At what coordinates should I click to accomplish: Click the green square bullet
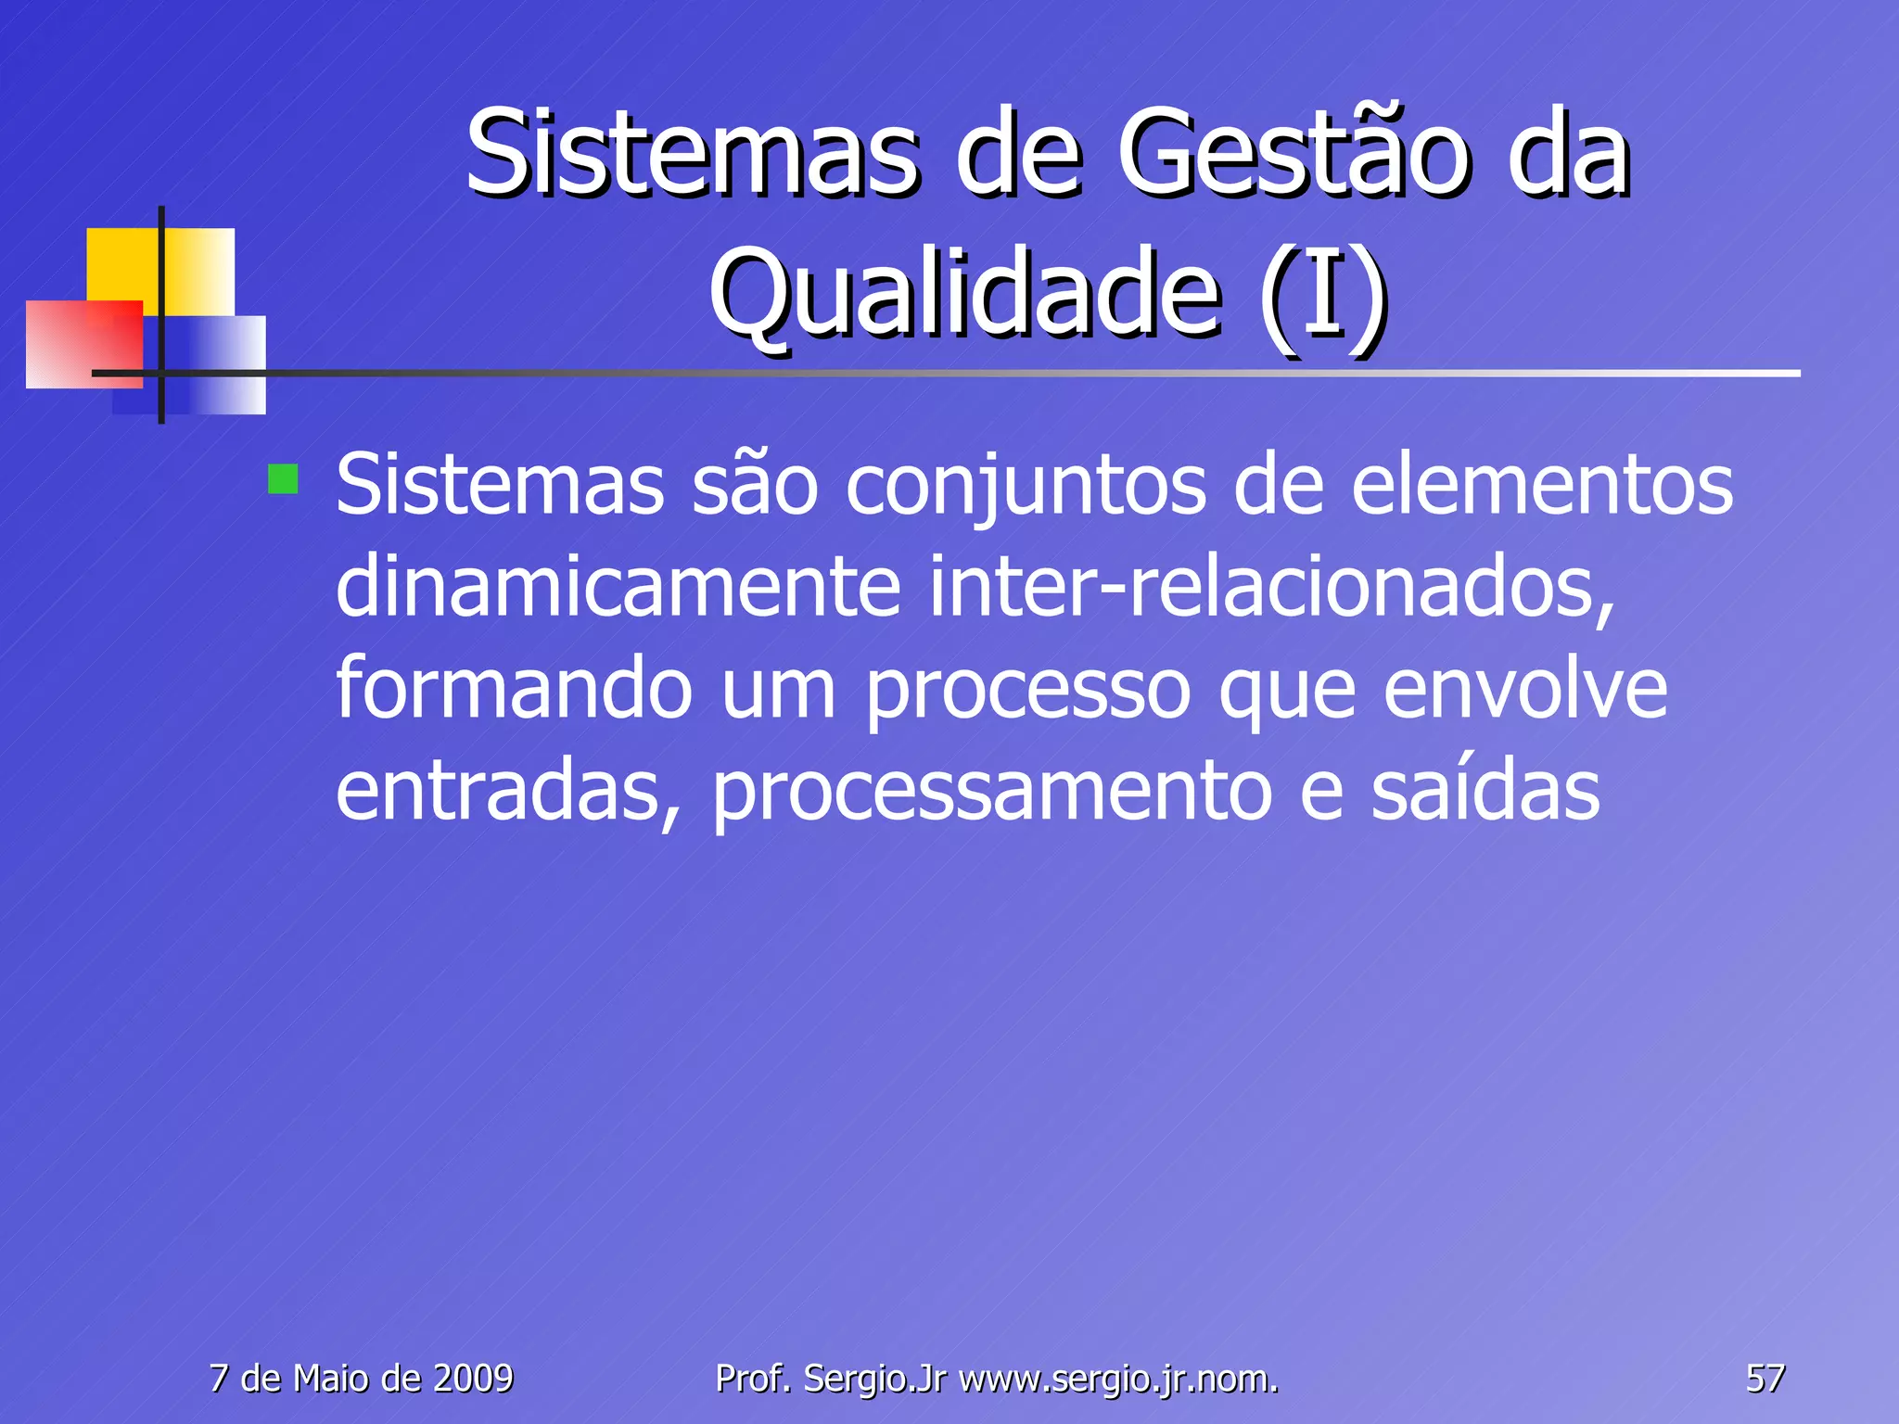click(x=283, y=480)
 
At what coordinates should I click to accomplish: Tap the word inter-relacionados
click(x=1271, y=588)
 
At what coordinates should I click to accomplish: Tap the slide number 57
click(x=1765, y=1379)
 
